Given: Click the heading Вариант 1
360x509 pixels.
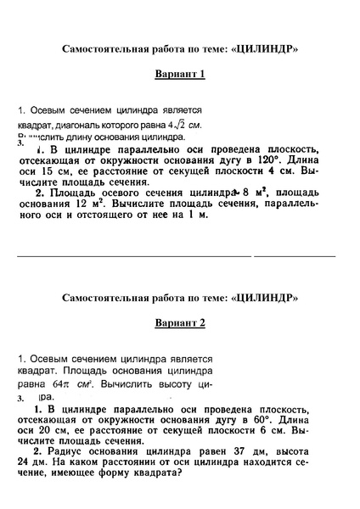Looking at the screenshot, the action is point(180,74).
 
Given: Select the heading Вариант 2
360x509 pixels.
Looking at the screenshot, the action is point(180,323).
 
